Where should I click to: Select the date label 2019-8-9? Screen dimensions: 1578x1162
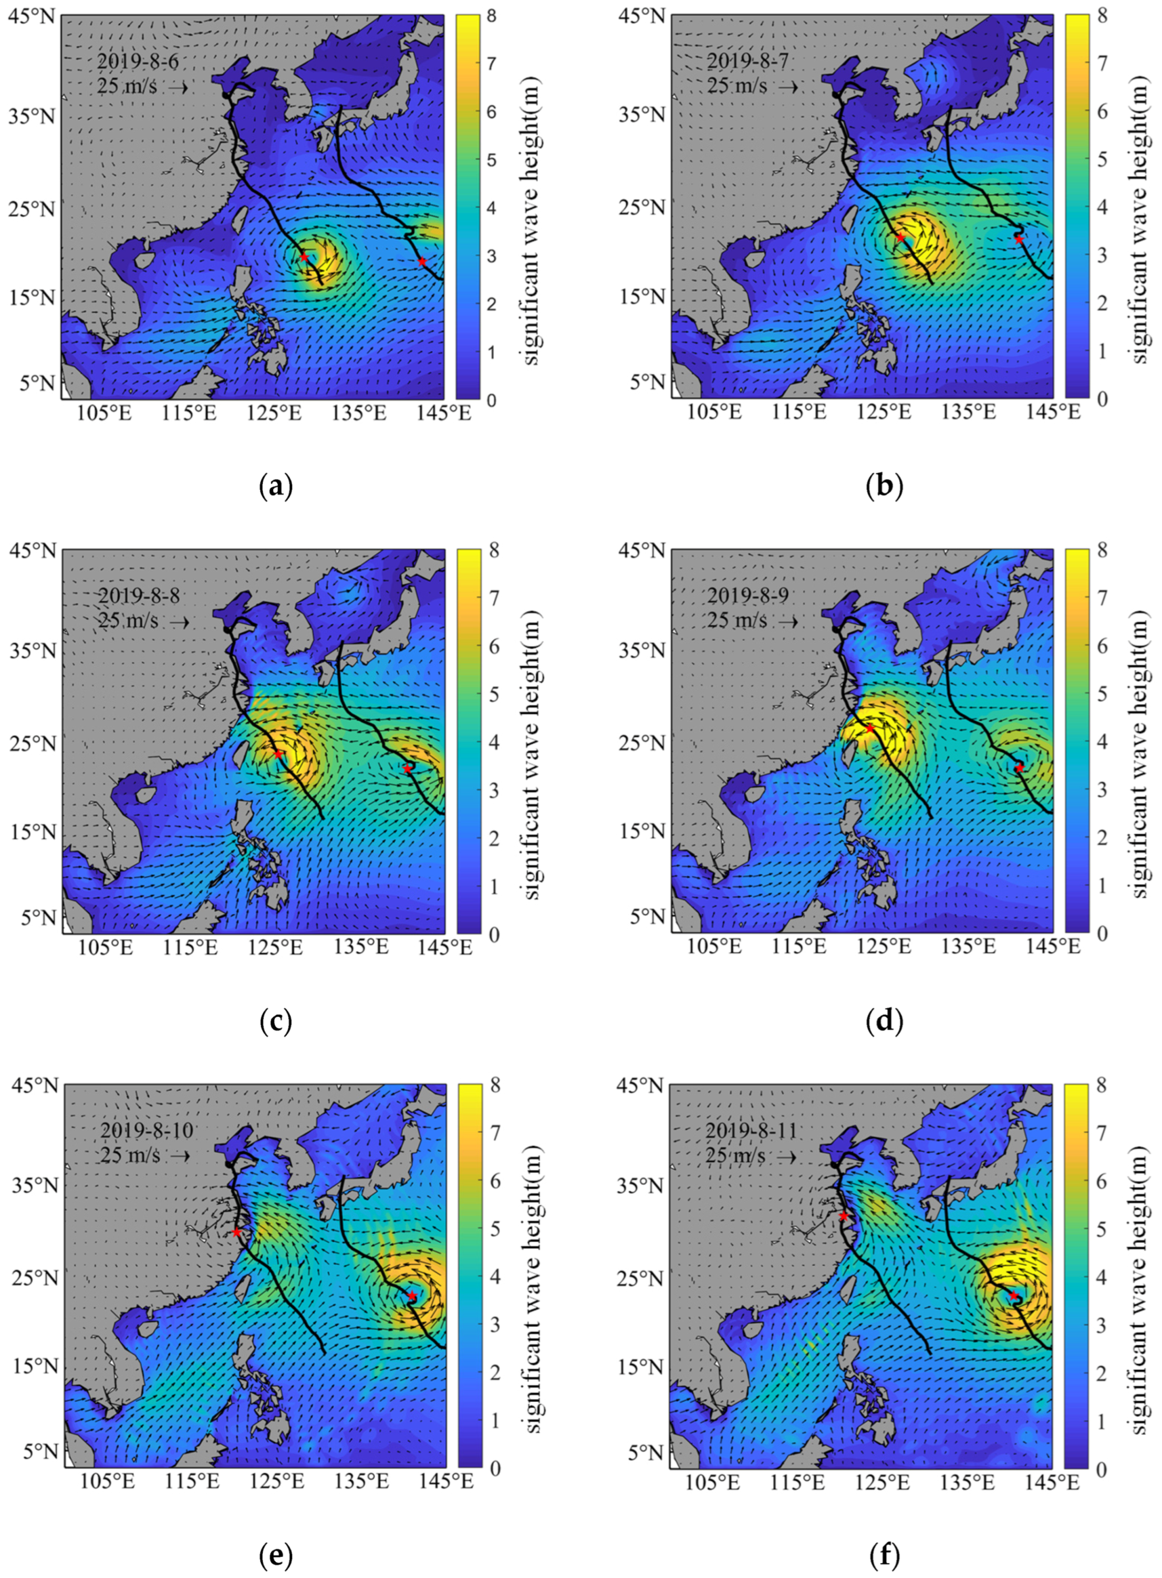[747, 596]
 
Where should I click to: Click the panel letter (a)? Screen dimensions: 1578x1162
[275, 486]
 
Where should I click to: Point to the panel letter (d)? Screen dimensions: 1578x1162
[885, 1021]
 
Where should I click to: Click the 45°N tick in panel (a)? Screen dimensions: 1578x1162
[32, 15]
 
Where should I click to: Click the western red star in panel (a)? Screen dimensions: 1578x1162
[304, 257]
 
